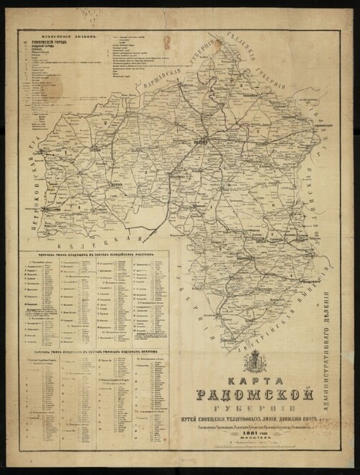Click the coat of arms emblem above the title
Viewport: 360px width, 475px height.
pos(255,361)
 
